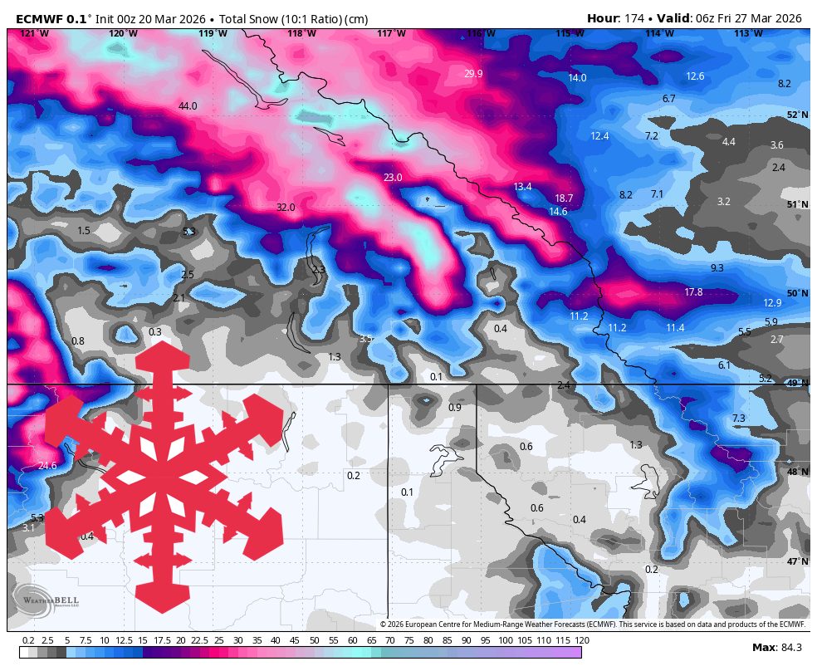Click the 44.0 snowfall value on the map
click(x=188, y=106)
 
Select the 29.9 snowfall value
click(x=473, y=74)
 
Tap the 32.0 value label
click(x=286, y=208)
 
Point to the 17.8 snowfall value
click(x=693, y=292)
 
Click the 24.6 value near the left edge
click(x=47, y=466)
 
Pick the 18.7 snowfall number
click(x=564, y=198)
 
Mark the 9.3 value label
click(x=717, y=268)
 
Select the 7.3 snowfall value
click(x=738, y=418)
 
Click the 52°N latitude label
click(x=797, y=115)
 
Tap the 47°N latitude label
click(x=797, y=562)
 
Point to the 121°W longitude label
click(x=34, y=33)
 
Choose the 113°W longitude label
click(x=748, y=33)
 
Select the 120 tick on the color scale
click(x=581, y=640)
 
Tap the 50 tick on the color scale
click(x=315, y=640)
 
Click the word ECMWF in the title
click(x=41, y=18)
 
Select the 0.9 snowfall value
click(x=455, y=408)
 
